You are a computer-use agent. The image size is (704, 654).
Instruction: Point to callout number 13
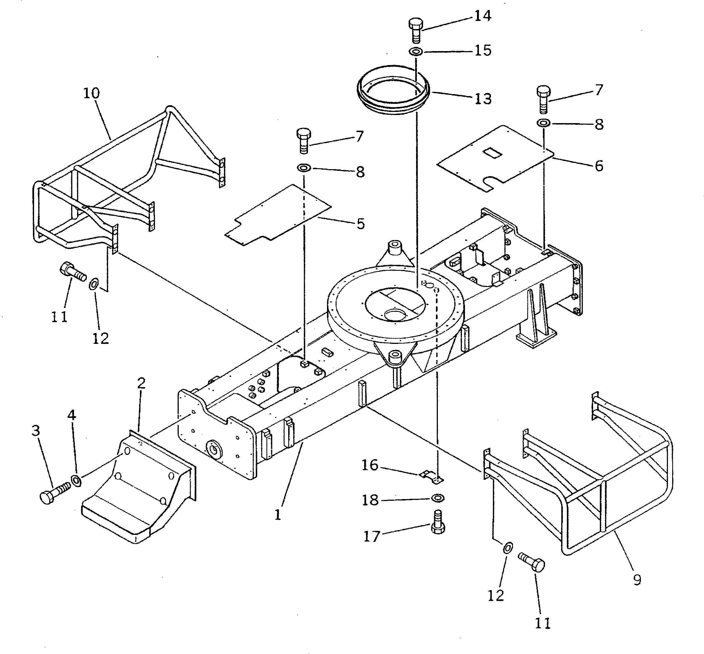tap(483, 99)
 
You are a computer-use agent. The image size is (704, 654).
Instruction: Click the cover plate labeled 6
tap(496, 159)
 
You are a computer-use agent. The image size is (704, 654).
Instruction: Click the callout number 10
tap(92, 94)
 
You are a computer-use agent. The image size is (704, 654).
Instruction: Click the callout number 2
tap(141, 383)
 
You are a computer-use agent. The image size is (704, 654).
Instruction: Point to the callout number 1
tap(278, 515)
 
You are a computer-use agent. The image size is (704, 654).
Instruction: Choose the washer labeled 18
tap(438, 498)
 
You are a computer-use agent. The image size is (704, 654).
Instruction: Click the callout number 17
tap(371, 537)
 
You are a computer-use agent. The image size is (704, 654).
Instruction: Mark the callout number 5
tap(361, 224)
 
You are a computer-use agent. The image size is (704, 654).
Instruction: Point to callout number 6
tap(599, 166)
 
